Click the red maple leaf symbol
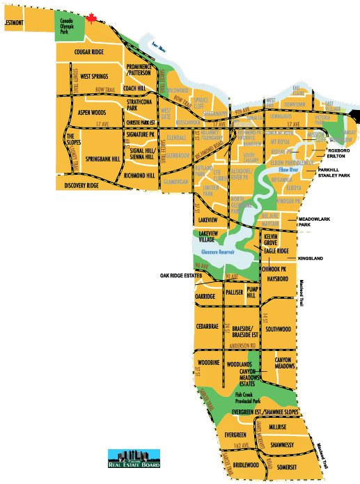click(91, 19)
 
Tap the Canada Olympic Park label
click(68, 26)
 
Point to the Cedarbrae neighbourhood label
click(208, 325)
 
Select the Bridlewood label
click(246, 465)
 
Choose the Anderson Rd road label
click(244, 346)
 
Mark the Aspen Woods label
click(91, 112)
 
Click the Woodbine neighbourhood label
click(208, 364)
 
